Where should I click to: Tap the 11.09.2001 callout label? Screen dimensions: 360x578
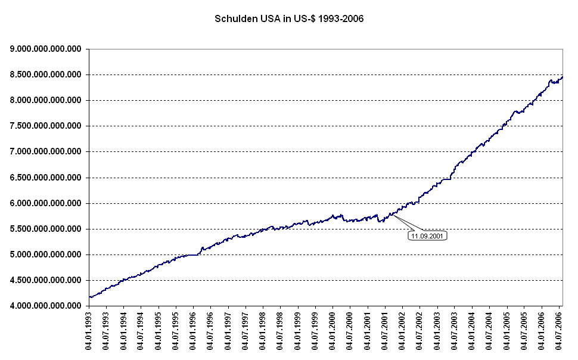(x=427, y=236)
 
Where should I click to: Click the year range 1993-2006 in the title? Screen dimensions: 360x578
(x=341, y=18)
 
